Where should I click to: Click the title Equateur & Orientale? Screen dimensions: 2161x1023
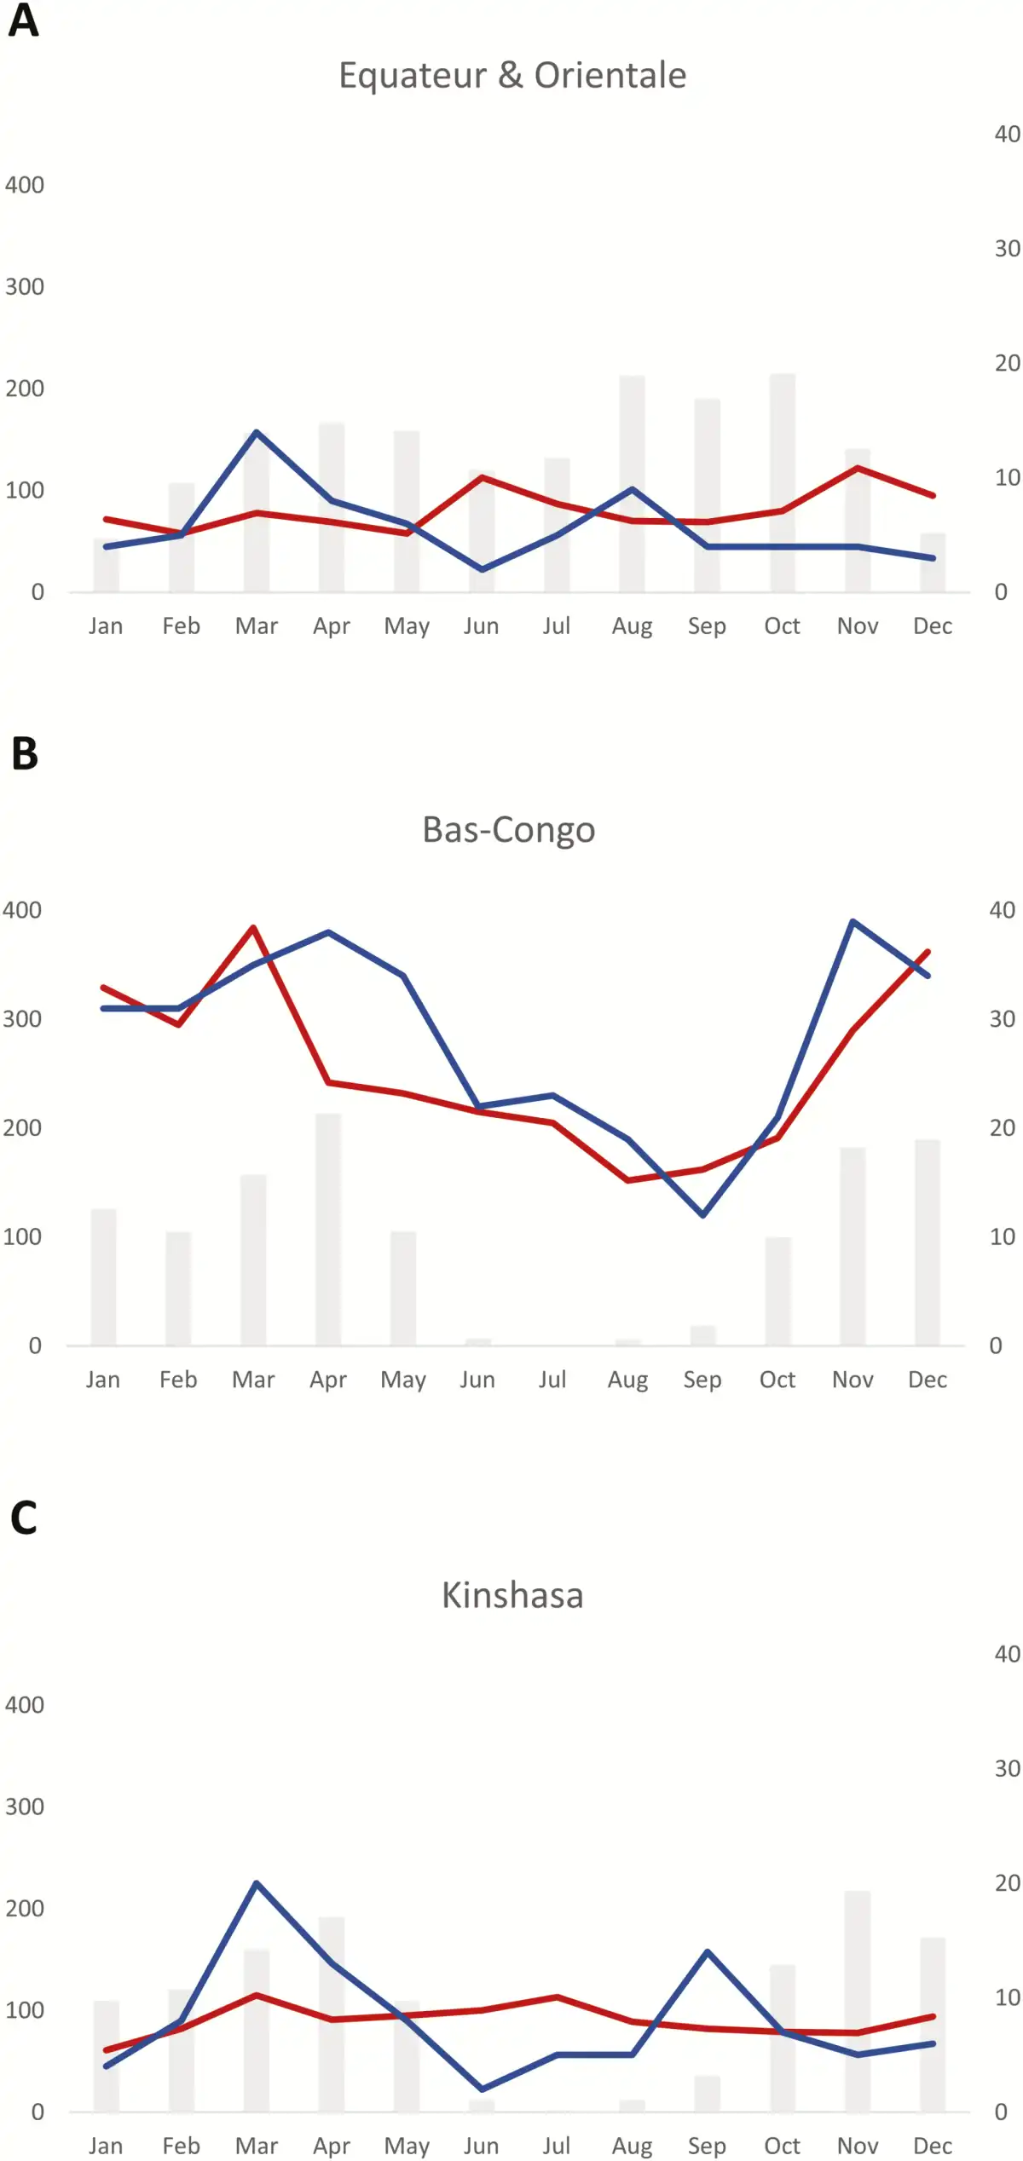click(x=512, y=75)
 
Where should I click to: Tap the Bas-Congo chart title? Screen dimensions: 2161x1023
click(x=509, y=829)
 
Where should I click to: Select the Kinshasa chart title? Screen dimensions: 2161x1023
click(x=512, y=1595)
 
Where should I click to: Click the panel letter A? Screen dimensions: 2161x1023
click(x=23, y=20)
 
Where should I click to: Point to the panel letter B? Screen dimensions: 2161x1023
click(x=25, y=753)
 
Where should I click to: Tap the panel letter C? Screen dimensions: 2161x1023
click(x=24, y=1518)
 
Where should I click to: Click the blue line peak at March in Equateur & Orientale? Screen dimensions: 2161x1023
click(x=257, y=432)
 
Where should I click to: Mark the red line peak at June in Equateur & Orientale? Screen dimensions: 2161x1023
click(x=482, y=476)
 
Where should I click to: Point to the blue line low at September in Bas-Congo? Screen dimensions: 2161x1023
click(x=702, y=1214)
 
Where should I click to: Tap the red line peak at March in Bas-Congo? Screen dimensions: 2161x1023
click(x=253, y=926)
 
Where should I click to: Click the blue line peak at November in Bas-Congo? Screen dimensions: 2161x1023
click(x=852, y=921)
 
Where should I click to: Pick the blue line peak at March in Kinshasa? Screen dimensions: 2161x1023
click(x=257, y=1883)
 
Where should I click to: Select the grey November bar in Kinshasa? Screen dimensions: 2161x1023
click(x=858, y=2002)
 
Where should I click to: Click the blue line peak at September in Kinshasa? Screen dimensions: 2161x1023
click(x=708, y=1951)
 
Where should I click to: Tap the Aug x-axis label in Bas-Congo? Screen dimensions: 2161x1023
click(x=627, y=1380)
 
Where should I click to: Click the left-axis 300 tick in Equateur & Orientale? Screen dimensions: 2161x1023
click(x=25, y=286)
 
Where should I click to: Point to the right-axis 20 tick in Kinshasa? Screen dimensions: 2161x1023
click(x=1007, y=1882)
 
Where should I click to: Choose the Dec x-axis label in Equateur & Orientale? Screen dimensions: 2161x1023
click(x=933, y=626)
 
